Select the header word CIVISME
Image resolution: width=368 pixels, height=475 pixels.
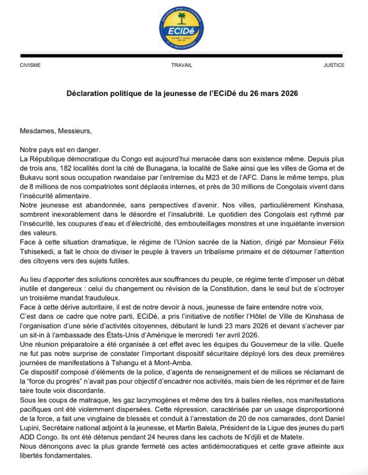30,65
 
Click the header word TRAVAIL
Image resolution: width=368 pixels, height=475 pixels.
181,65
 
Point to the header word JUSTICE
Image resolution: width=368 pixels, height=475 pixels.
334,65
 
